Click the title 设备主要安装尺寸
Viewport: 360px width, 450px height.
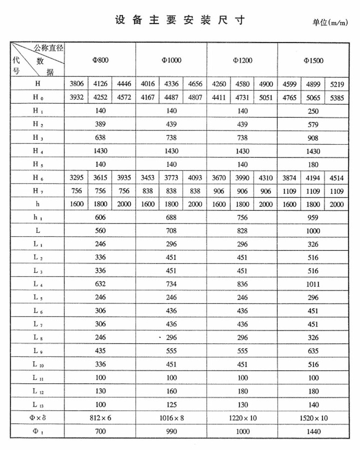(x=180, y=20)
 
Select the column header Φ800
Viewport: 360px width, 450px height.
(x=101, y=61)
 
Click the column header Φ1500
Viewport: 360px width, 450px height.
(x=313, y=61)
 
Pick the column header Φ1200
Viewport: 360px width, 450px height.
(x=242, y=61)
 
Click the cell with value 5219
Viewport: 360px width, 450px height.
(x=337, y=84)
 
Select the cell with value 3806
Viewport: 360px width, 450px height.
(x=77, y=84)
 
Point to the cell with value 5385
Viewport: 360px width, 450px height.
(x=337, y=97)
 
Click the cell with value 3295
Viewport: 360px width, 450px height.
(x=77, y=178)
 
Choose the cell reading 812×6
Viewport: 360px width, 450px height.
(x=101, y=417)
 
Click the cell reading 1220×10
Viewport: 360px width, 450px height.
(x=242, y=417)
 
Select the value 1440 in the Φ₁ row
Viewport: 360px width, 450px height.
(x=313, y=431)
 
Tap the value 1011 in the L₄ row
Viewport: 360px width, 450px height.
(x=313, y=283)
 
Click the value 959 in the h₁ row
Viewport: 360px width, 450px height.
(x=313, y=218)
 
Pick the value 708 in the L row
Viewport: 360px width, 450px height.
(x=171, y=231)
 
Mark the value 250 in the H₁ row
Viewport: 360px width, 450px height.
(x=313, y=111)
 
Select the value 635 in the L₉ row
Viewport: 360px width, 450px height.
(x=313, y=351)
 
